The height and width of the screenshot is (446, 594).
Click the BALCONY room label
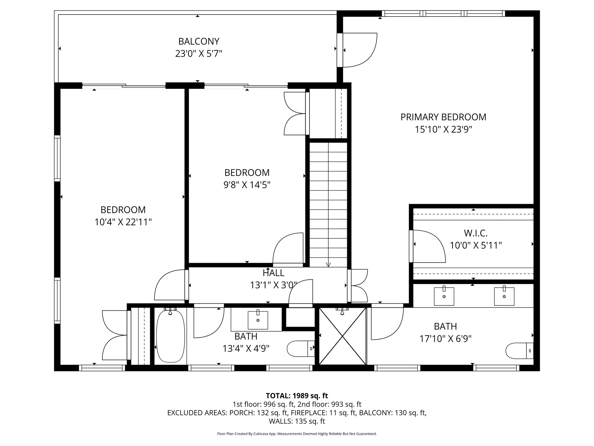(x=198, y=42)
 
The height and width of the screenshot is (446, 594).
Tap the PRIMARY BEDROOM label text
(x=443, y=117)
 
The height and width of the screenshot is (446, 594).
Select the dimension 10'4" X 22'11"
(x=123, y=222)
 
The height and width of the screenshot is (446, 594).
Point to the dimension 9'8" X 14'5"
(x=247, y=185)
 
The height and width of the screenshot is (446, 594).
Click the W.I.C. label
(x=476, y=233)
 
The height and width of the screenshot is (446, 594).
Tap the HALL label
(x=273, y=273)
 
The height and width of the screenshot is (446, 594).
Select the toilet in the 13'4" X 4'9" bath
(x=300, y=348)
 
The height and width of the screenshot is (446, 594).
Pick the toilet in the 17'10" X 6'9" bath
(x=519, y=351)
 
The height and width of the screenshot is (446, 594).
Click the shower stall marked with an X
(x=343, y=336)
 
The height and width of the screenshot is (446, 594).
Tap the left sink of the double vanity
(x=444, y=296)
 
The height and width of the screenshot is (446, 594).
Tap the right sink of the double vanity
(x=504, y=296)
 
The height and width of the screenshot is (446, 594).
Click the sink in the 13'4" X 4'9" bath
(x=258, y=320)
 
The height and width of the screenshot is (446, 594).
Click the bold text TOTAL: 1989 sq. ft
(x=297, y=395)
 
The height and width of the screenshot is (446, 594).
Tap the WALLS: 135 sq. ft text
(x=297, y=421)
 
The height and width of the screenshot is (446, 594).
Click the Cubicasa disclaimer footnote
(x=297, y=434)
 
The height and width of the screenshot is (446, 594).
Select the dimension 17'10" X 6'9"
(x=445, y=339)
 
